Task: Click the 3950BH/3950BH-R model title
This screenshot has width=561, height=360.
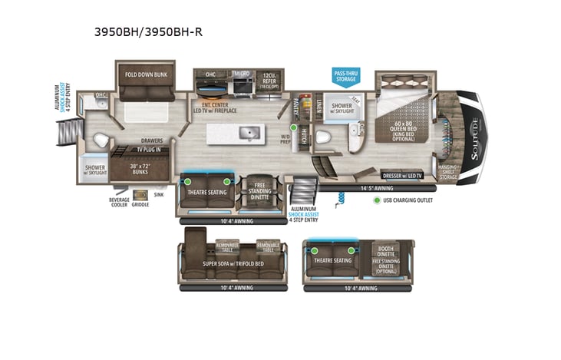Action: click(x=147, y=32)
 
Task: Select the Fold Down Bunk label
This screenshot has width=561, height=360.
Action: click(x=147, y=75)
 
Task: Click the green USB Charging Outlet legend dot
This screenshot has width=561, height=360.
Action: click(x=377, y=200)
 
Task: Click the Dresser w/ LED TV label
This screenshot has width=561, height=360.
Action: click(x=402, y=176)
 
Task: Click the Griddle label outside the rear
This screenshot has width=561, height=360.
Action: click(x=140, y=204)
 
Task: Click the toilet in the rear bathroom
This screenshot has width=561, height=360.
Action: click(x=99, y=140)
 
